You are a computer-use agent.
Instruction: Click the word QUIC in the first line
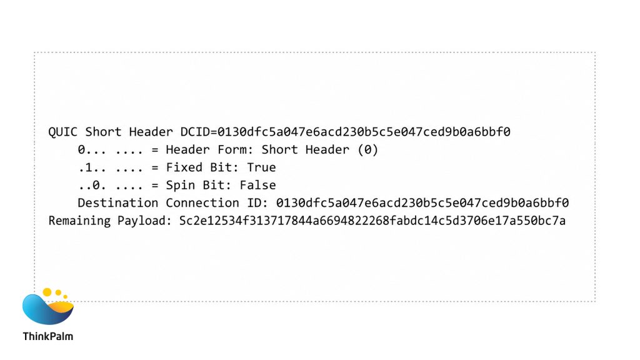coord(62,132)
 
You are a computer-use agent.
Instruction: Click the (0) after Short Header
coord(367,150)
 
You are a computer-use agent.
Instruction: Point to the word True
coord(261,167)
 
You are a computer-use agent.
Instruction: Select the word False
coord(257,185)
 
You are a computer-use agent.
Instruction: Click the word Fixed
coord(184,167)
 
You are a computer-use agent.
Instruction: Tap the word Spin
coord(181,185)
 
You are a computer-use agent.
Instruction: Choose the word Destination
coord(117,203)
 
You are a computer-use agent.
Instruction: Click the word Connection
coord(202,203)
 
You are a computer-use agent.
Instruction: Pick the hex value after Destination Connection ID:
coord(422,203)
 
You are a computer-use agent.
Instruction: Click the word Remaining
coord(79,221)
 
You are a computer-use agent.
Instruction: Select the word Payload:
coord(144,221)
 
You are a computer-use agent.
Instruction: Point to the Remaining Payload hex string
coord(372,221)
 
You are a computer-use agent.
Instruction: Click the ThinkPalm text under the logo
coord(47,336)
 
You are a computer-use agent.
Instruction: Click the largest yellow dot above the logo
coord(47,292)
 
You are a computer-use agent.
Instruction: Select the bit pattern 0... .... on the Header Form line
coord(110,150)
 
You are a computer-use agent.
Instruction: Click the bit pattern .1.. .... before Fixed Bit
coord(110,167)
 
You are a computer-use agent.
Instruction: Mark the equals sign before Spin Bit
coord(155,186)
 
